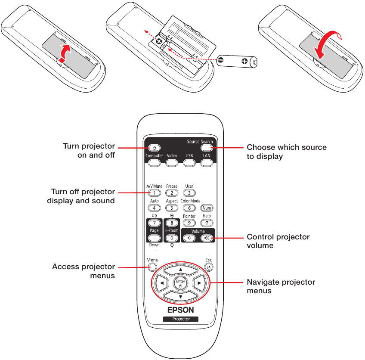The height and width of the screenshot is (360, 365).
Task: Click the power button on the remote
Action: pyautogui.click(x=155, y=148)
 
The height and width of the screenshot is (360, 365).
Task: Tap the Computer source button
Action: pyautogui.click(x=155, y=163)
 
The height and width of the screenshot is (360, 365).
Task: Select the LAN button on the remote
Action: pyautogui.click(x=207, y=163)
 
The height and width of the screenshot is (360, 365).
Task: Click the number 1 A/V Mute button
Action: pyautogui.click(x=155, y=193)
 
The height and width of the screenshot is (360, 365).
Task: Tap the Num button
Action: pyautogui.click(x=207, y=208)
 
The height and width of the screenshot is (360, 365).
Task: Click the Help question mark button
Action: pyautogui.click(x=207, y=223)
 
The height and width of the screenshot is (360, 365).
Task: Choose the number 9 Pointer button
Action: pyautogui.click(x=189, y=223)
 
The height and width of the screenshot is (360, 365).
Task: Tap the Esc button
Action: pyautogui.click(x=209, y=267)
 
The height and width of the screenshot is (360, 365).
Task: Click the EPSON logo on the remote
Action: pyautogui.click(x=180, y=310)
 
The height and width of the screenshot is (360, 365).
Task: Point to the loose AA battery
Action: pyautogui.click(x=238, y=62)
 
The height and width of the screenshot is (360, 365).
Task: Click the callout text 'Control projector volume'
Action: pyautogui.click(x=278, y=241)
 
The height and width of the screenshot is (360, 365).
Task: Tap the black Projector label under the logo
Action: pyautogui.click(x=181, y=319)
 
